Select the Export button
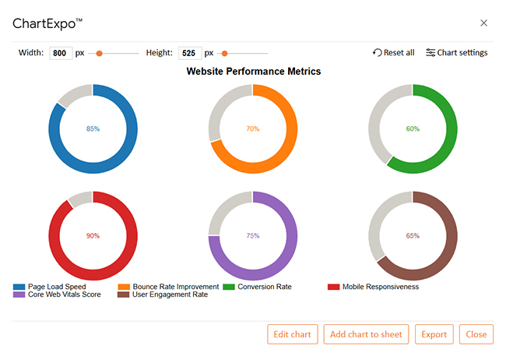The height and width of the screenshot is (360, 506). (434, 334)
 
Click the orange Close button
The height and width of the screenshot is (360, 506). (476, 334)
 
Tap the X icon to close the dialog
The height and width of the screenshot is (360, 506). (483, 23)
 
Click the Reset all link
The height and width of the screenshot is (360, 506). (394, 53)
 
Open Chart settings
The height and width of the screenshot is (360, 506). (457, 53)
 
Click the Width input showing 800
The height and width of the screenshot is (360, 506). (61, 53)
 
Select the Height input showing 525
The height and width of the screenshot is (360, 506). (190, 53)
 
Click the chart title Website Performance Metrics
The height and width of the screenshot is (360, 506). (254, 71)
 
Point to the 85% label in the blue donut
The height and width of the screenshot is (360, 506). (93, 129)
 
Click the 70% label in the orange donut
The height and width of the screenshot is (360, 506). (252, 129)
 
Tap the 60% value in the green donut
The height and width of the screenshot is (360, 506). (413, 129)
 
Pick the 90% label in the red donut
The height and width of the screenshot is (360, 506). (93, 235)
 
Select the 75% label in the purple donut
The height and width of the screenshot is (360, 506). (252, 235)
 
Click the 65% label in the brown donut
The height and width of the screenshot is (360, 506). (413, 235)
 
